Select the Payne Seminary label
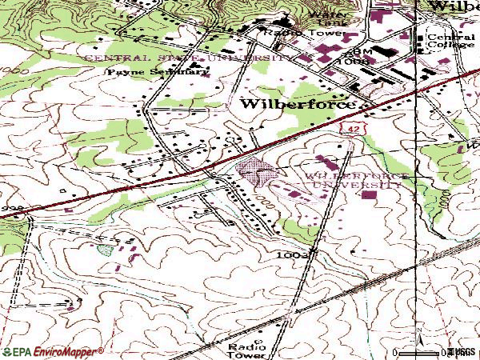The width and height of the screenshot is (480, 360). [159, 70]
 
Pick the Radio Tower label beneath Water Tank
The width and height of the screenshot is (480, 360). [314, 34]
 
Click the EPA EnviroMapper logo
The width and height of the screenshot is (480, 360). [53, 351]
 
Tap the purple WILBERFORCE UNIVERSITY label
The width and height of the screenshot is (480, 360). [351, 179]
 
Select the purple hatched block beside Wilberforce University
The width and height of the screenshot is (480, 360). [255, 170]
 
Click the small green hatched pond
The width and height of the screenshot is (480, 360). [105, 249]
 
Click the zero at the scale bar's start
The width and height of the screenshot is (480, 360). [397, 351]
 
